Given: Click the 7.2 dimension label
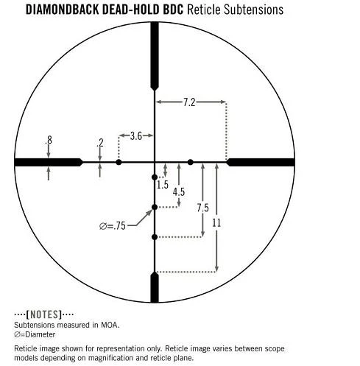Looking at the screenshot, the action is pyautogui.click(x=189, y=102).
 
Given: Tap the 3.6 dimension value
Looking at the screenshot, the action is pyautogui.click(x=136, y=136).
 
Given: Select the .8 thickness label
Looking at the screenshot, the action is pyautogui.click(x=49, y=140).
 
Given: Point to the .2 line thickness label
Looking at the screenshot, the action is pyautogui.click(x=100, y=143).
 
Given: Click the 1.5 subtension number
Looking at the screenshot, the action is pyautogui.click(x=163, y=185).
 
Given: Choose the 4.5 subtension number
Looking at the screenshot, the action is pyautogui.click(x=179, y=191).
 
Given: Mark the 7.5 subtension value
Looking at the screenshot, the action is pyautogui.click(x=202, y=208).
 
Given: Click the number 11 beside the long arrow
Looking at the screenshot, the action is pyautogui.click(x=216, y=223).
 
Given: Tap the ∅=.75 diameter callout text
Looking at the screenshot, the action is pyautogui.click(x=113, y=226).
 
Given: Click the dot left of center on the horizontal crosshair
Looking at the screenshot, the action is pyautogui.click(x=119, y=162).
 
